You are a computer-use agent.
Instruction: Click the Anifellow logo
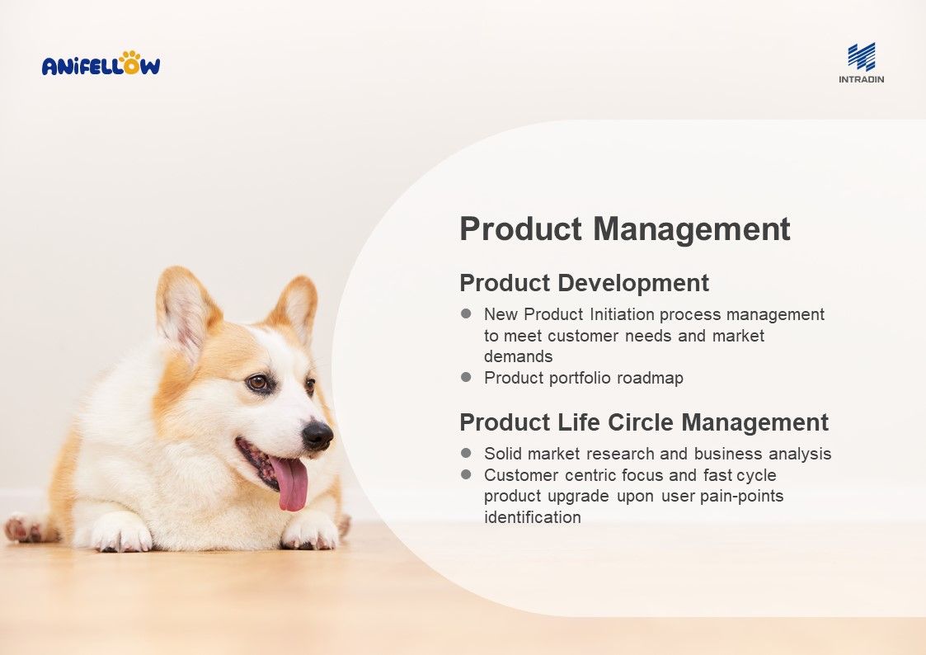(101, 64)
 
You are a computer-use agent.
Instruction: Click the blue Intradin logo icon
(862, 57)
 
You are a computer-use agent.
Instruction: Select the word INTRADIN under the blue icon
(862, 79)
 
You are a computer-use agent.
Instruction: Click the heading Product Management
(625, 229)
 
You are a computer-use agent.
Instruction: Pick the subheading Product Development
(584, 283)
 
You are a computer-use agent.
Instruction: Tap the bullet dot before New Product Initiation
(466, 313)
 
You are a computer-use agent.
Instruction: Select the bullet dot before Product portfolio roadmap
(466, 377)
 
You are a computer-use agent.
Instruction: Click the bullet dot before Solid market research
(466, 453)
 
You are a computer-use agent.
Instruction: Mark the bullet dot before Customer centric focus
(466, 474)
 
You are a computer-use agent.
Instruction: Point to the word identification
(532, 517)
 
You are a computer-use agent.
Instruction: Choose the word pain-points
(742, 496)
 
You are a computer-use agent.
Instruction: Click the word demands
(519, 356)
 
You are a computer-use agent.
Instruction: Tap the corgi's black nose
(317, 436)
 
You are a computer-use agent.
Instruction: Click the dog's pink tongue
(290, 483)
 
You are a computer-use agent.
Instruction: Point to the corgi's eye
(258, 383)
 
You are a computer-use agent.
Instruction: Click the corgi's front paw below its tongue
(310, 531)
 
